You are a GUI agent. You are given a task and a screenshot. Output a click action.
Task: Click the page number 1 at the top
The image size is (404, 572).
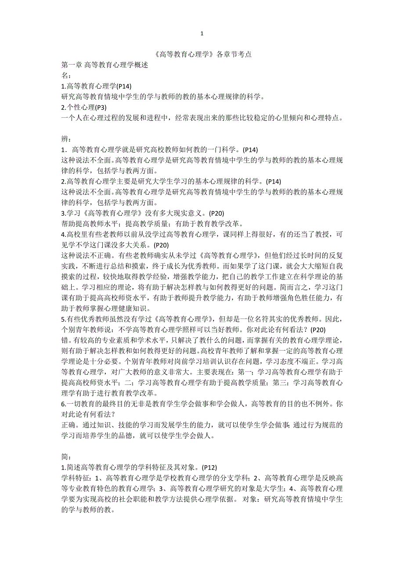pyautogui.click(x=202, y=33)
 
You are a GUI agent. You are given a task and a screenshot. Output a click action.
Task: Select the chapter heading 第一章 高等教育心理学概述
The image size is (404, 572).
pyautogui.click(x=105, y=65)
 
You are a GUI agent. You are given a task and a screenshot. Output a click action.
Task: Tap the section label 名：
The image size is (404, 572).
pyautogui.click(x=65, y=75)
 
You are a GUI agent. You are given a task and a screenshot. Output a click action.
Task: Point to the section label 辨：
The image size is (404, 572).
pyautogui.click(x=65, y=139)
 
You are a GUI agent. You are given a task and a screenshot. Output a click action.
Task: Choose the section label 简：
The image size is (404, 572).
pyautogui.click(x=65, y=457)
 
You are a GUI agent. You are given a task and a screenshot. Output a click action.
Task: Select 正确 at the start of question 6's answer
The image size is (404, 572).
pyautogui.click(x=68, y=425)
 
